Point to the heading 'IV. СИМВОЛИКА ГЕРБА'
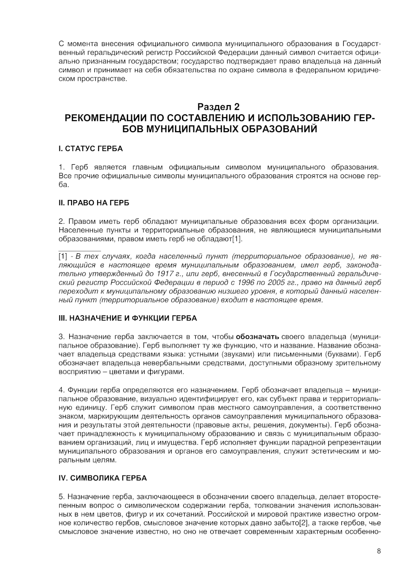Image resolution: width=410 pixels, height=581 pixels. pos(102,478)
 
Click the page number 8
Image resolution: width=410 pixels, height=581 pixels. pos(379,551)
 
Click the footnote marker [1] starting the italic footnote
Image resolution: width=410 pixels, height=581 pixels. pos(63,256)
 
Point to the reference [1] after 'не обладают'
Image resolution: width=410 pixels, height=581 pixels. pos(237,239)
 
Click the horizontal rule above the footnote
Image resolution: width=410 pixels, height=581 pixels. pos(80,250)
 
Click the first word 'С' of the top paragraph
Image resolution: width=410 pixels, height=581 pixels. pos(61,45)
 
